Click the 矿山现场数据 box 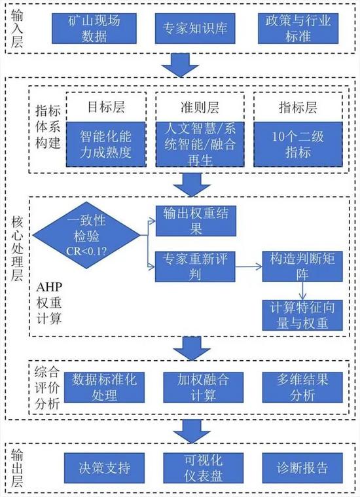[x=94, y=29]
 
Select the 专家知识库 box [x=195, y=29]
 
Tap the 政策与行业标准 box [x=298, y=29]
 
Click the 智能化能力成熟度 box [x=106, y=144]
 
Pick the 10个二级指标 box [x=298, y=144]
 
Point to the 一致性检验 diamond [x=86, y=235]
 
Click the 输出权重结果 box [x=196, y=221]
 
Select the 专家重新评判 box [x=195, y=267]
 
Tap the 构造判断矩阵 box [x=302, y=267]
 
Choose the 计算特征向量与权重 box [x=302, y=316]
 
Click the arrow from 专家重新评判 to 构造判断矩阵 [x=249, y=267]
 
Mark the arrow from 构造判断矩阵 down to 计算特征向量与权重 [x=302, y=291]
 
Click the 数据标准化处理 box [x=104, y=388]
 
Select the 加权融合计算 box [x=203, y=388]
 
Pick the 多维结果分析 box [x=302, y=388]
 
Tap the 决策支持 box [x=104, y=468]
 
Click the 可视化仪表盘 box [x=203, y=468]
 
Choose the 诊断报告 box [x=302, y=468]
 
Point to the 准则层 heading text [x=200, y=107]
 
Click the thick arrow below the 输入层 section [x=180, y=65]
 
